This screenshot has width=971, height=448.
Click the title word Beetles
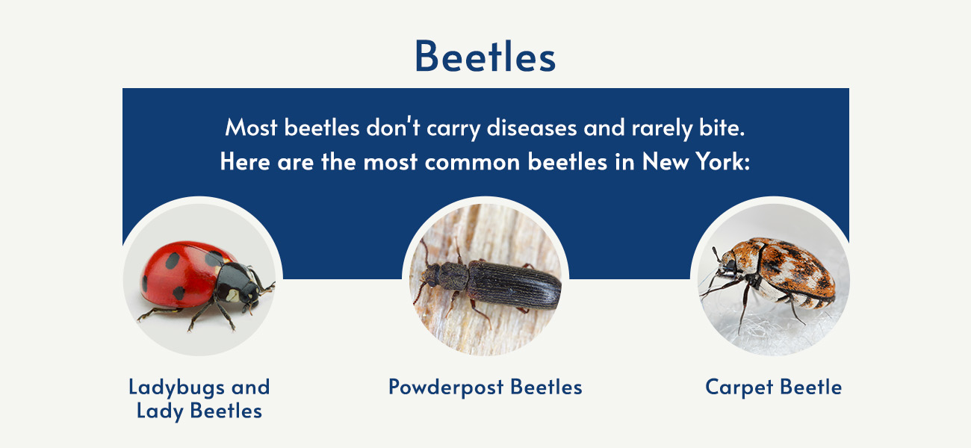click(x=485, y=56)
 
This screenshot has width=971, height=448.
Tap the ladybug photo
click(x=202, y=276)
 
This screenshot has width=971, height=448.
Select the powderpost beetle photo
click(x=485, y=276)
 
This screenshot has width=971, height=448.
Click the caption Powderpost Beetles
click(x=485, y=387)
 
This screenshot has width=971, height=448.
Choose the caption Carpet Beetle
click(x=773, y=387)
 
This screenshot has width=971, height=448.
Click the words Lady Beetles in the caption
click(x=199, y=411)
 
